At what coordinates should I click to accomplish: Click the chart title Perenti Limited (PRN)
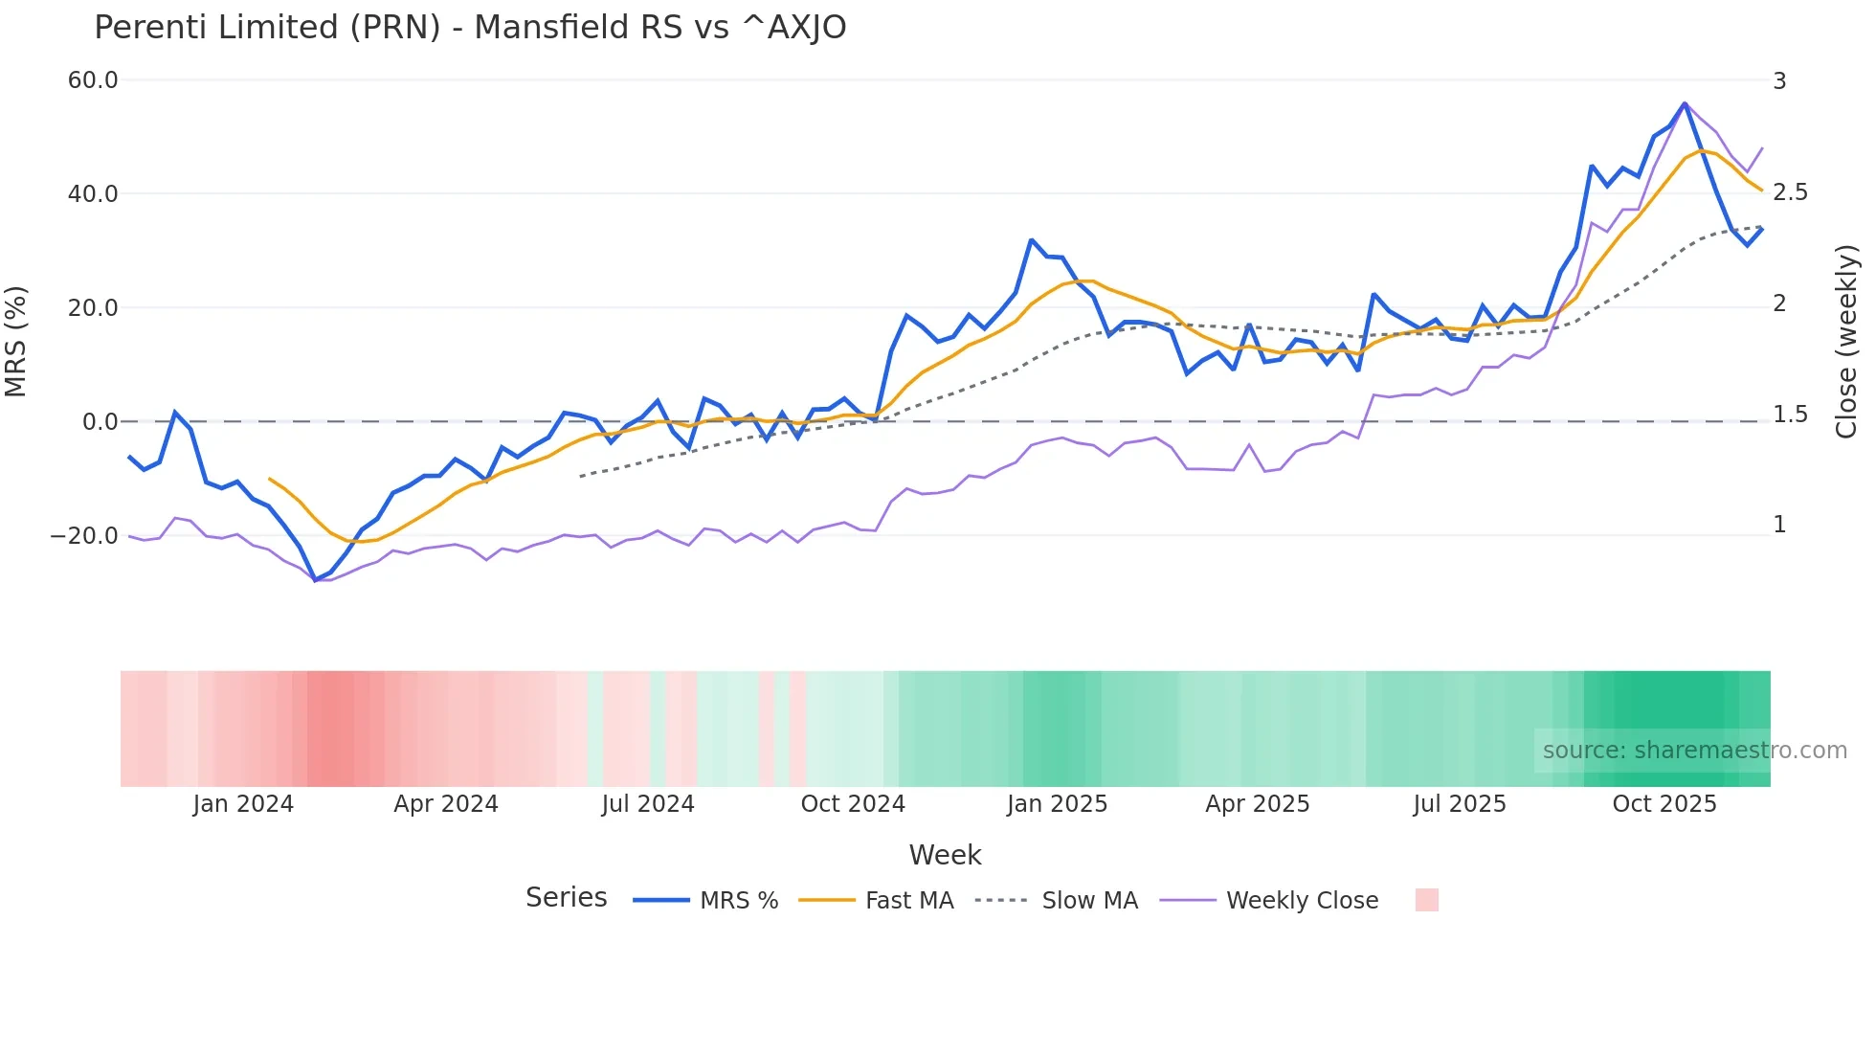point(470,28)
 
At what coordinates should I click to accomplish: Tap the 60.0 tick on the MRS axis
point(93,80)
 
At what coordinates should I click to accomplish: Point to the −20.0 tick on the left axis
point(84,536)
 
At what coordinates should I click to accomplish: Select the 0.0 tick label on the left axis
point(100,422)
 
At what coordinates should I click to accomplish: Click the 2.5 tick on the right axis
point(1790,192)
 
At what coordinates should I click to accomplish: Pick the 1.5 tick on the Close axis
point(1790,415)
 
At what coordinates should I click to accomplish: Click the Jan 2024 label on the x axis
point(243,804)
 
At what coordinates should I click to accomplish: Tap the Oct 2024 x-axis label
point(853,804)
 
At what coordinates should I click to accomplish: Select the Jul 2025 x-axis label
point(1460,804)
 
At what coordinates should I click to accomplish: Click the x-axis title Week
point(945,855)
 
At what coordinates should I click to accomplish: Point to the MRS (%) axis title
point(16,342)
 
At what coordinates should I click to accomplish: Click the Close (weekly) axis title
point(1846,342)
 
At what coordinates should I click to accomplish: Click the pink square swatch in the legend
point(1426,900)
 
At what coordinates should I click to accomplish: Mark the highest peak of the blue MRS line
point(1685,103)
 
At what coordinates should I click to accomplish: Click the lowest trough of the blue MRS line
point(315,580)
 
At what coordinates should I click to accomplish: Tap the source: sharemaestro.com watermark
point(1694,751)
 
